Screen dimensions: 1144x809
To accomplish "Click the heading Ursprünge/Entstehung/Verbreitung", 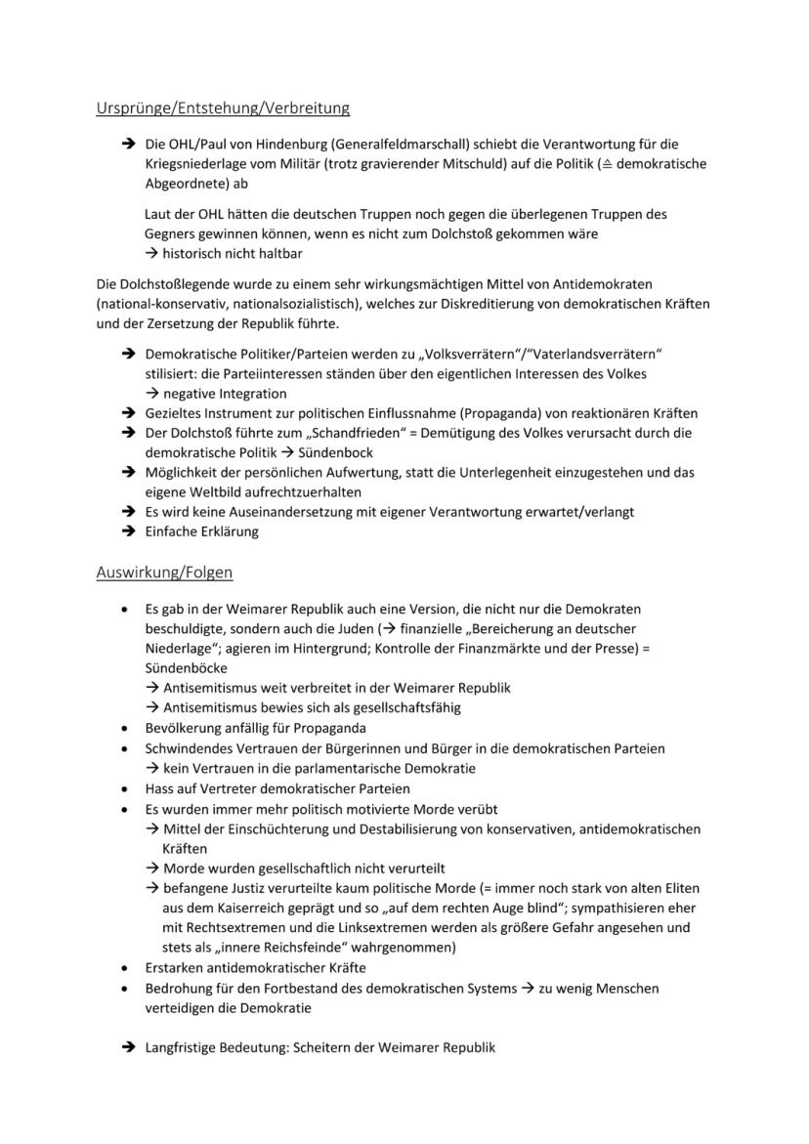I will (x=223, y=108).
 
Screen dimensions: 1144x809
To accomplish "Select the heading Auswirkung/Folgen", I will (x=164, y=572).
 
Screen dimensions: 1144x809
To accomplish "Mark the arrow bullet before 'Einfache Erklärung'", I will (x=128, y=532).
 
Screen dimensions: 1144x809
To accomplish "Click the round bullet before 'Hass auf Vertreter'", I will (x=123, y=788).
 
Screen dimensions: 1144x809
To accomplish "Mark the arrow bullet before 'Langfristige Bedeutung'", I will (x=128, y=1047).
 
